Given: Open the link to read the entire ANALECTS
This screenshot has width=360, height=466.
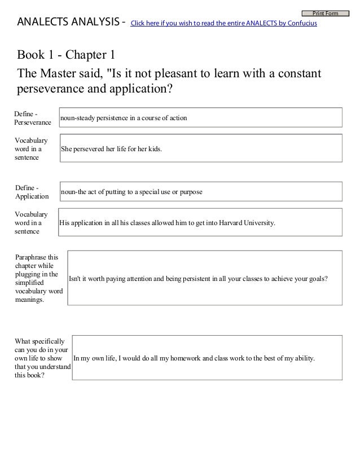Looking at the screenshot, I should point(223,24).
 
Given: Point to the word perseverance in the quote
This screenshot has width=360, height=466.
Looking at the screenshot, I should point(54,90).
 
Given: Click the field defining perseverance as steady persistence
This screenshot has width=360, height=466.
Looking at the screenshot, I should point(200,117).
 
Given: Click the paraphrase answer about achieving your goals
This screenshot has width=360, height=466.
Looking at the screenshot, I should point(205,279).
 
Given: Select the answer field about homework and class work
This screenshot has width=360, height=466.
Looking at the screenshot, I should point(207,358).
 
